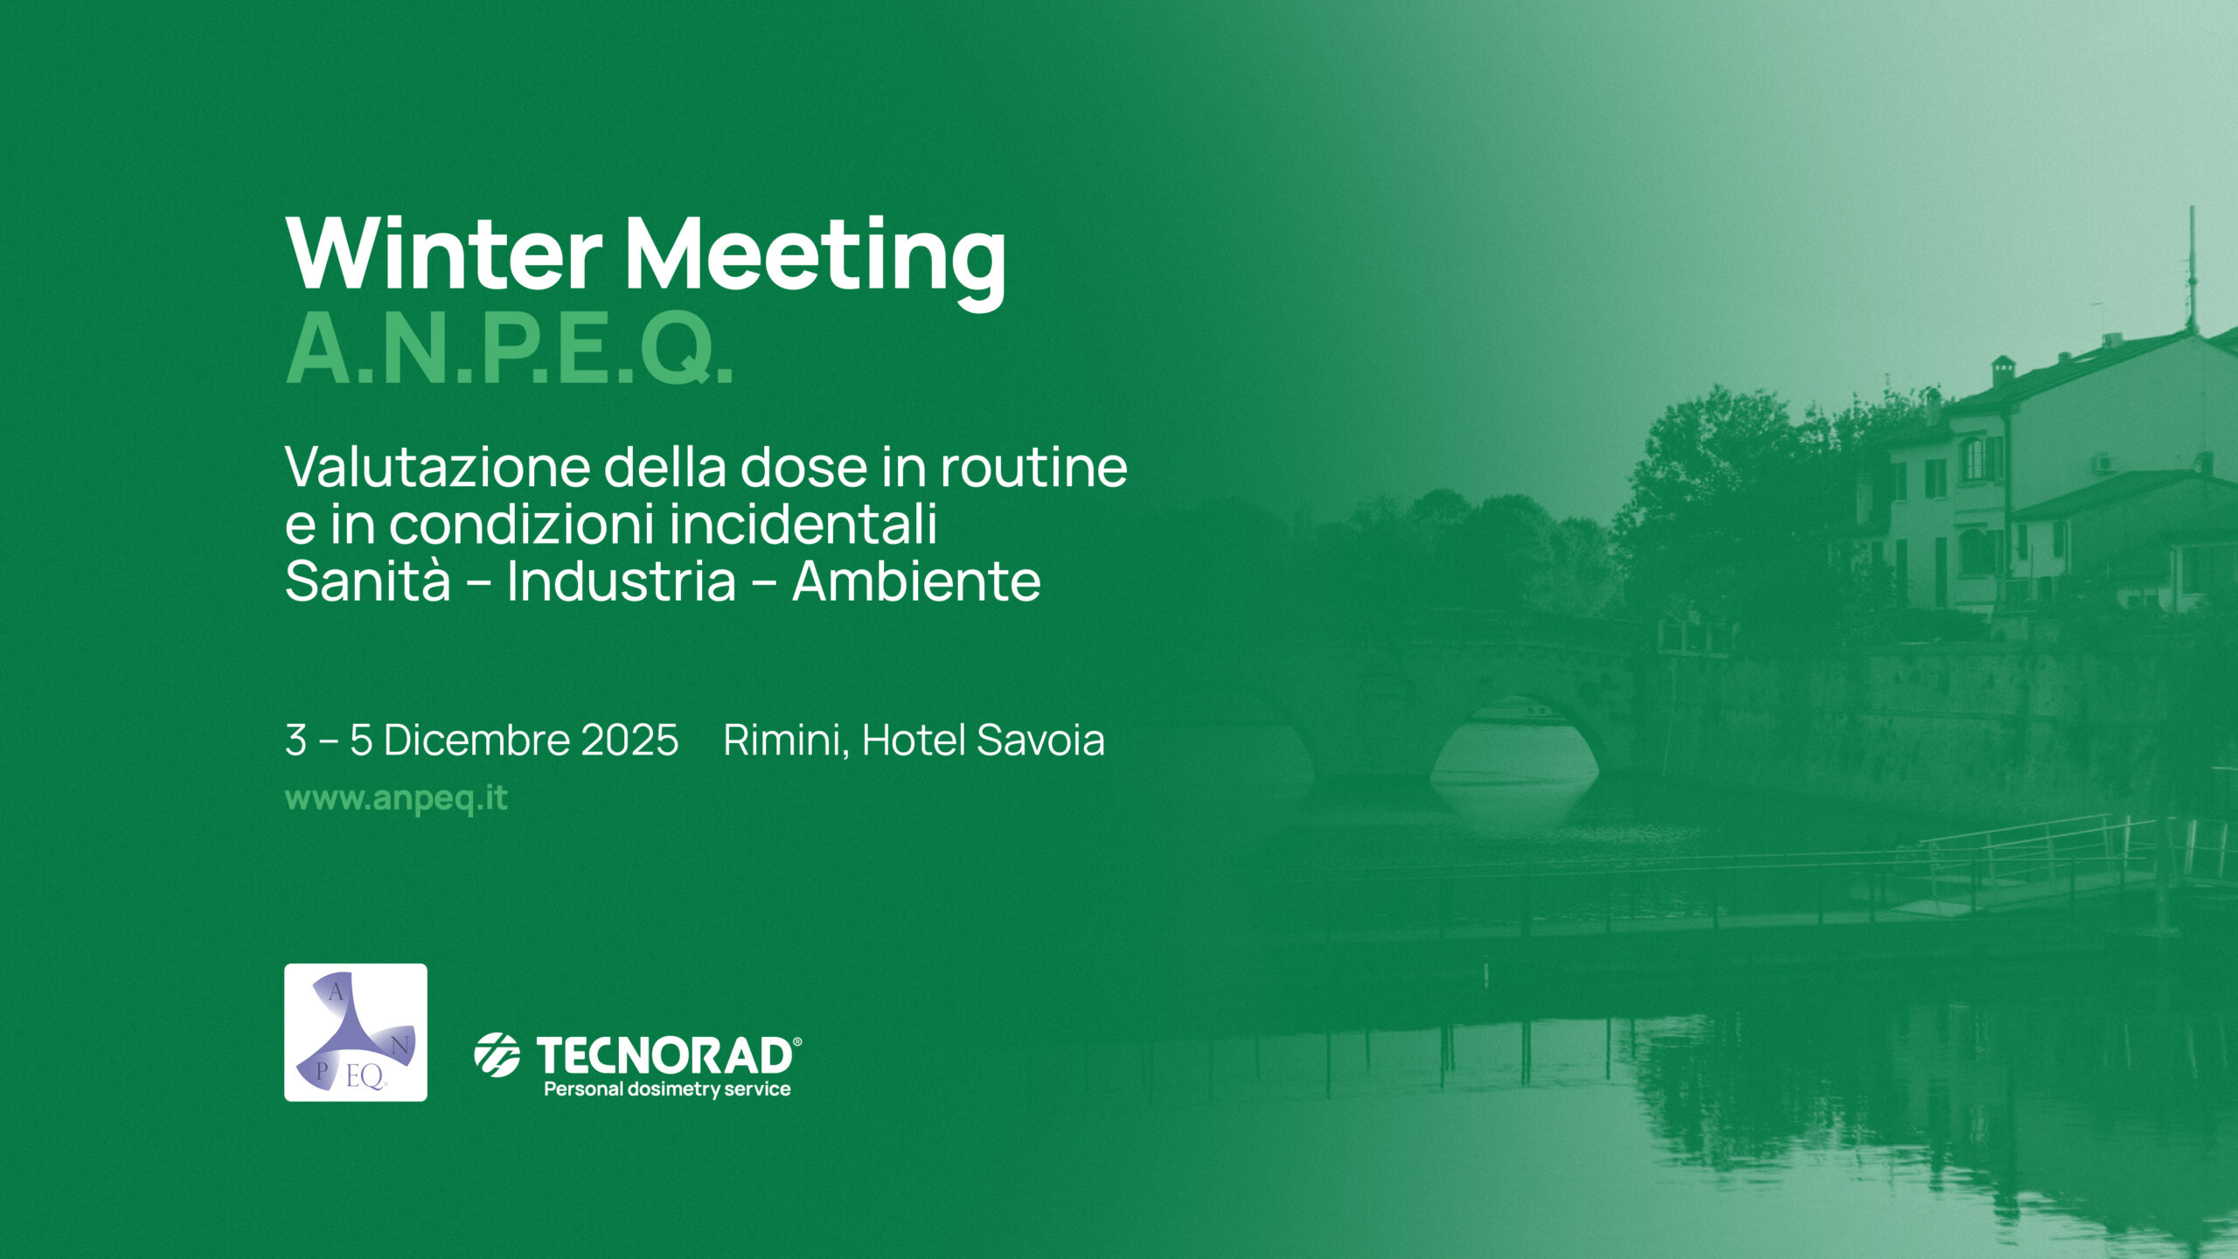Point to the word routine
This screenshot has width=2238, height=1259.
1033,468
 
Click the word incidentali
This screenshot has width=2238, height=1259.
803,525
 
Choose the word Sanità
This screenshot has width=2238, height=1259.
368,581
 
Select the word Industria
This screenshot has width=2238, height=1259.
622,581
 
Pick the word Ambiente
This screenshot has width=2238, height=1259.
916,581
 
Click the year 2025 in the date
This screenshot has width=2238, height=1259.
629,740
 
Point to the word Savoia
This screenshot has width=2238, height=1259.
1040,740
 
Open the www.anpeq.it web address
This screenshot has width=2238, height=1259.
396,799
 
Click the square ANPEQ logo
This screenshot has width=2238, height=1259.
356,1033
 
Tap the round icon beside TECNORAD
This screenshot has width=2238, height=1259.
497,1054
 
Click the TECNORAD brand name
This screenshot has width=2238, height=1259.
664,1055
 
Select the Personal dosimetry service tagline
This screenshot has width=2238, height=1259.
667,1089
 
